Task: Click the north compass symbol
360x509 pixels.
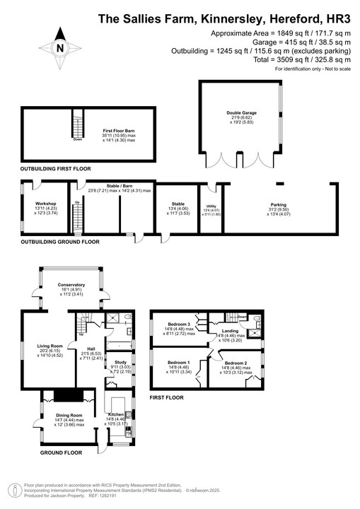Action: [60, 49]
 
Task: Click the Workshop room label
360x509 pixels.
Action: [35, 203]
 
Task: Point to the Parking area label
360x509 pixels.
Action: [278, 205]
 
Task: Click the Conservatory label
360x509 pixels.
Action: [70, 284]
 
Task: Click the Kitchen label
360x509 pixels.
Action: [115, 415]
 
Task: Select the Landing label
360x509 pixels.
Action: [230, 330]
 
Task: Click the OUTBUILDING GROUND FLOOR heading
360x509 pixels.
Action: [60, 242]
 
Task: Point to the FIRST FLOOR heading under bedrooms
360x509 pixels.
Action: [166, 398]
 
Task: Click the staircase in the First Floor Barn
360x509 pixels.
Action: [76, 127]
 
